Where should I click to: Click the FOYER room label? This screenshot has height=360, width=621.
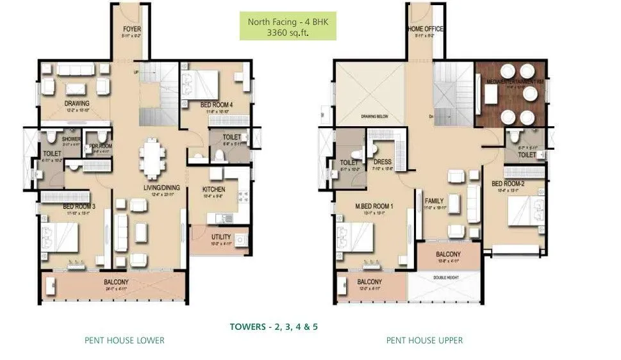(132, 29)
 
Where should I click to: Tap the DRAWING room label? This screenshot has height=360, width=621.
(76, 103)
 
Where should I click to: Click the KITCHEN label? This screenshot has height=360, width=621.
(213, 190)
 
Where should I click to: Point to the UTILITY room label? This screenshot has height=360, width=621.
(221, 237)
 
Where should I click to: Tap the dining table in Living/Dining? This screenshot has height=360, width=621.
(151, 158)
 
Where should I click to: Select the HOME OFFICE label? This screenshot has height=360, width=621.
(425, 29)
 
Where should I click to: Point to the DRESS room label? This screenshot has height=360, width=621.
(382, 163)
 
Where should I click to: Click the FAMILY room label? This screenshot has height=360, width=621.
(435, 201)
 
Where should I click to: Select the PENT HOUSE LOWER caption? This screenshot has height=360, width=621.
(124, 340)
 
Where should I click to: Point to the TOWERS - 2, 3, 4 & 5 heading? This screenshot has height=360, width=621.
(274, 327)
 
